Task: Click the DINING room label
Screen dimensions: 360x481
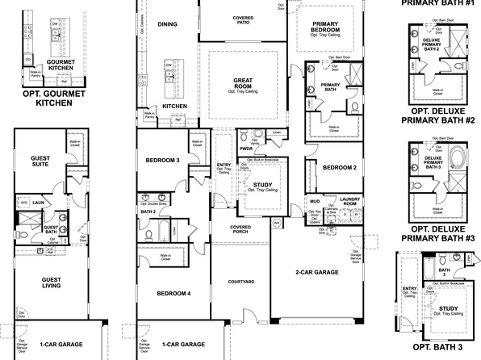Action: [167, 25]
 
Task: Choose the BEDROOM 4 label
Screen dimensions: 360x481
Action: [173, 293]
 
